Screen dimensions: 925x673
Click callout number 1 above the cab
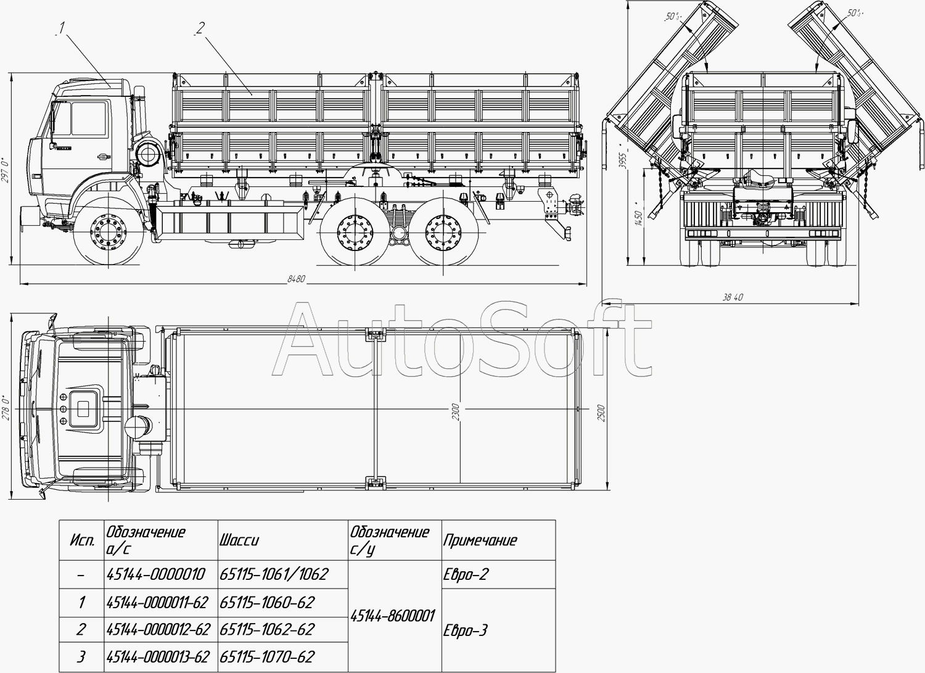[x=61, y=28]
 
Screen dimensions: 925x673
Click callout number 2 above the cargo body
[x=200, y=28]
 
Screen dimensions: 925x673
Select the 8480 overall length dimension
[x=296, y=279]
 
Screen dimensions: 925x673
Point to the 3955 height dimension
[x=623, y=156]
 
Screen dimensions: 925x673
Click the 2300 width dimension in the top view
[x=456, y=412]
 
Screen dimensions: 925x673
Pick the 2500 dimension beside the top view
[x=602, y=413]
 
